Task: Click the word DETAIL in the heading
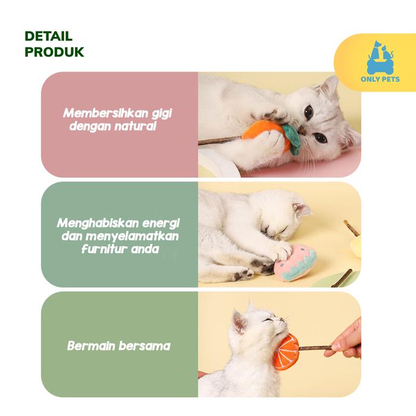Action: coord(48,36)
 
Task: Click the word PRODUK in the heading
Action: coord(54,52)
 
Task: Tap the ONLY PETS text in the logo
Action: coord(380,79)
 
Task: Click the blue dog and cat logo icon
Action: coord(380,58)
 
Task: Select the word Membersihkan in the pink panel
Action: coord(105,113)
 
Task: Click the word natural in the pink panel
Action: coord(135,126)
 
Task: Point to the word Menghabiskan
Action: coord(97,223)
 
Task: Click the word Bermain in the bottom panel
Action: coord(91,346)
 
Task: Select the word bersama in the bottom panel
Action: coord(144,346)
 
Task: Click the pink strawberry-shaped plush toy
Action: coord(295,263)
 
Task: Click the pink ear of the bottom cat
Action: coord(239,322)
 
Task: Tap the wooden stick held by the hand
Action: coord(315,347)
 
